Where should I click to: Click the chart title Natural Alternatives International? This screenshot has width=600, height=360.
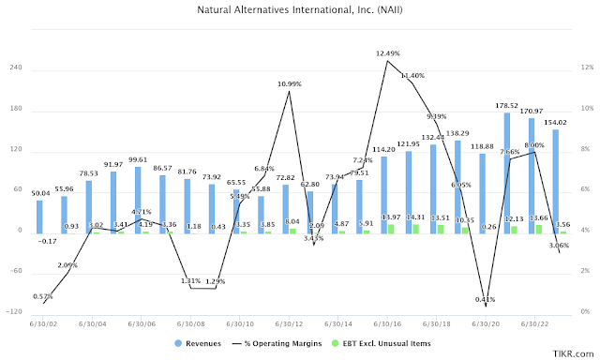pyautogui.click(x=300, y=10)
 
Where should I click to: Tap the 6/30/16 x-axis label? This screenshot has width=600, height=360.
pyautogui.click(x=384, y=323)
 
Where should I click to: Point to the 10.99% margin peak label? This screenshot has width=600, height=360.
pyautogui.click(x=290, y=84)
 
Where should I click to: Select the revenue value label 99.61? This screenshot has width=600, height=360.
pyautogui.click(x=137, y=159)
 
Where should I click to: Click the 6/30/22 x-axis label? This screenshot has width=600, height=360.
pyautogui.click(x=532, y=323)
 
